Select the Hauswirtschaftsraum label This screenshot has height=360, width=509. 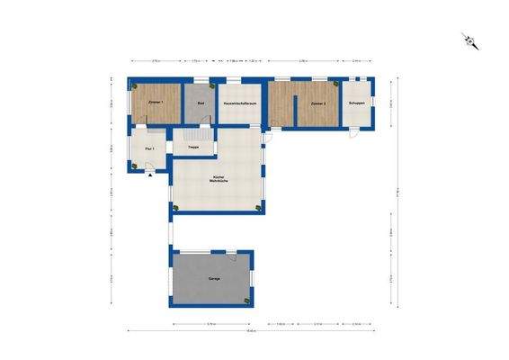pos(238,104)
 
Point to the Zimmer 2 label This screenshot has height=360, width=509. pos(317,104)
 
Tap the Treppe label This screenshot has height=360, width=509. pos(192,147)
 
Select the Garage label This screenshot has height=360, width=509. pos(214,279)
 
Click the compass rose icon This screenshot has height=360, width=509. pos(469,40)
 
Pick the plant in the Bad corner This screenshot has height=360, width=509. pos(210,85)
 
